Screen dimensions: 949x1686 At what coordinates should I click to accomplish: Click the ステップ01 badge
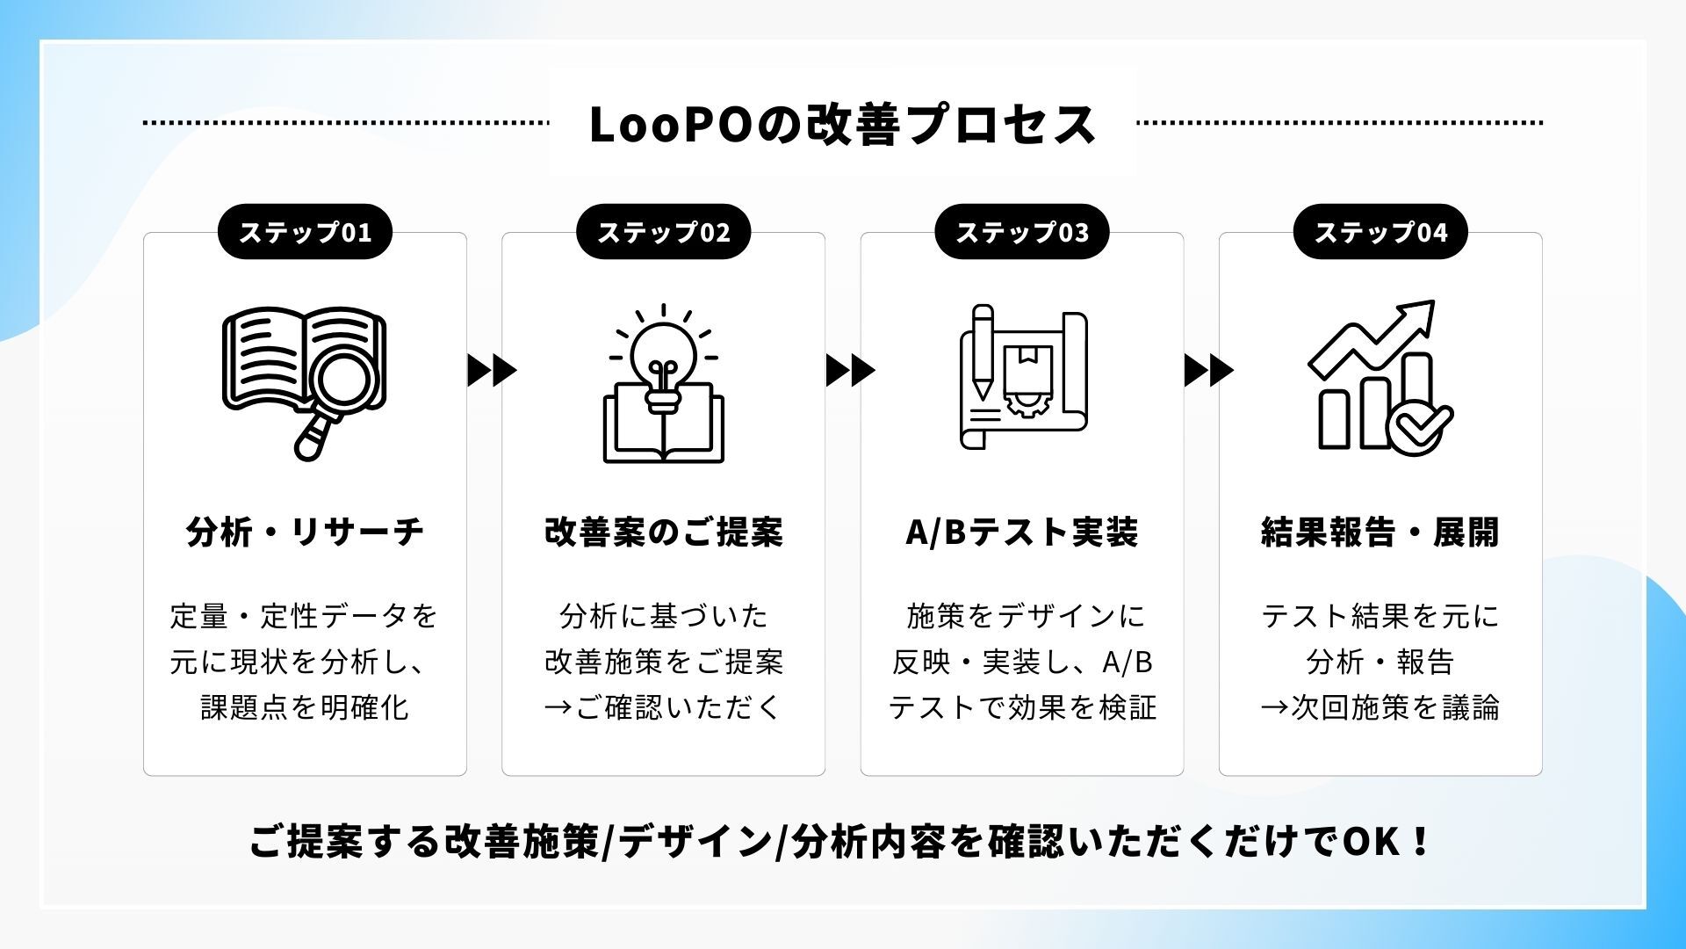pyautogui.click(x=305, y=232)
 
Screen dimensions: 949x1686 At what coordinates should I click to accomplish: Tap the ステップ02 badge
pyautogui.click(x=663, y=232)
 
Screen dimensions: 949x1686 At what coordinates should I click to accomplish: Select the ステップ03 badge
pyautogui.click(x=1021, y=232)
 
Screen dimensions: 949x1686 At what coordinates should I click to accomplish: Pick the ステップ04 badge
pyautogui.click(x=1380, y=232)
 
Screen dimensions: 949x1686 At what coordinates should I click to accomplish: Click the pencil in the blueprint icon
pyautogui.click(x=983, y=351)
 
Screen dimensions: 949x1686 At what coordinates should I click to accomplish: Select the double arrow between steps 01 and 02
pyautogui.click(x=492, y=371)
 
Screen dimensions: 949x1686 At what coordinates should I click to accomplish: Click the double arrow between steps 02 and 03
pyautogui.click(x=850, y=371)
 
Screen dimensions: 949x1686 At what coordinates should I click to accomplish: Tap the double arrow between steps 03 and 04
pyautogui.click(x=1208, y=371)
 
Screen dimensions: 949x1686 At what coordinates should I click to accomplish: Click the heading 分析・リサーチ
pyautogui.click(x=305, y=532)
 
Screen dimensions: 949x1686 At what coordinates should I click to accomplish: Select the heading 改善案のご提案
pyautogui.click(x=663, y=532)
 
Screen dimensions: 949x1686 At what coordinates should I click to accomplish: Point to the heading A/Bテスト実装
pyautogui.click(x=1021, y=532)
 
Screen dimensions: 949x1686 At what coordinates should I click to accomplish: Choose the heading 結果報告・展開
pyautogui.click(x=1380, y=532)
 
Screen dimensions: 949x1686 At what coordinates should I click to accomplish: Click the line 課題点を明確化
pyautogui.click(x=305, y=707)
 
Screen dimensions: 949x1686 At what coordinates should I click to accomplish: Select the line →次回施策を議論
pyautogui.click(x=1380, y=707)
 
